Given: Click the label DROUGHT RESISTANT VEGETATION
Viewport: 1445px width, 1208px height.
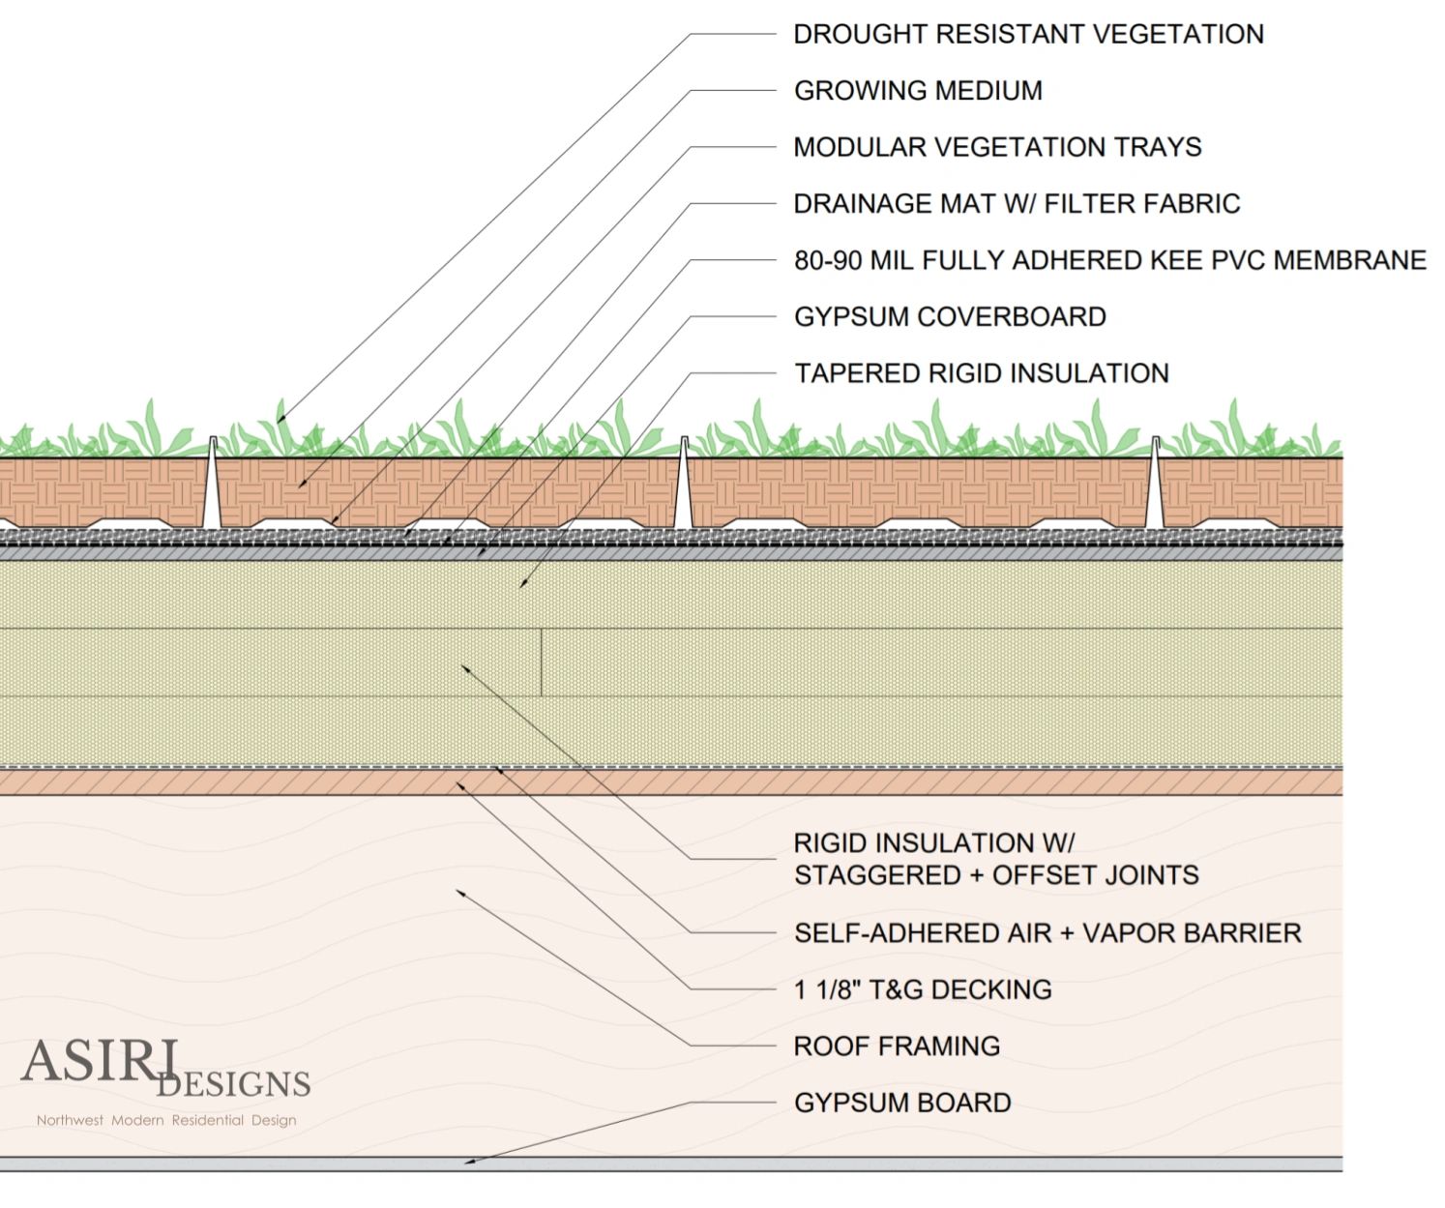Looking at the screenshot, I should pyautogui.click(x=1028, y=34).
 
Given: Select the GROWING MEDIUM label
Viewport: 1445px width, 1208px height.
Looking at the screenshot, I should pyautogui.click(x=918, y=91).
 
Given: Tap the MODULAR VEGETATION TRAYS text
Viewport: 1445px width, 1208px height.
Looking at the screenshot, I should pyautogui.click(x=997, y=147).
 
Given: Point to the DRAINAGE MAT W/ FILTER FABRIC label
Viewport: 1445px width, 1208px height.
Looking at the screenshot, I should pyautogui.click(x=1017, y=204).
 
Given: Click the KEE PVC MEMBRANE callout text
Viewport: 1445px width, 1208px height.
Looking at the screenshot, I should pyautogui.click(x=1109, y=260).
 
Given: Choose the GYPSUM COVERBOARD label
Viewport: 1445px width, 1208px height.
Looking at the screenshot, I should pyautogui.click(x=950, y=317).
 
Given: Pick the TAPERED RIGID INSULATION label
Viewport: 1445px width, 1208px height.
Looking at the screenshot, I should pyautogui.click(x=981, y=373).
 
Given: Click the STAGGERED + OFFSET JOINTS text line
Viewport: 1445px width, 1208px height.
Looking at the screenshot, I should pyautogui.click(x=996, y=875).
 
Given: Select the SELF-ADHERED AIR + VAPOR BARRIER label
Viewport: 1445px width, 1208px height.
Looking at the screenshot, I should pyautogui.click(x=1047, y=933).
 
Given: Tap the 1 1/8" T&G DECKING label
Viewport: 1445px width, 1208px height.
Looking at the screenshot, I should pyautogui.click(x=923, y=989).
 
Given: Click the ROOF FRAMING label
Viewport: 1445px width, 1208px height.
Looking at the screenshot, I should pyautogui.click(x=897, y=1046).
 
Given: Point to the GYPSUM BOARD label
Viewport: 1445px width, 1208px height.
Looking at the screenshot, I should pyautogui.click(x=902, y=1103).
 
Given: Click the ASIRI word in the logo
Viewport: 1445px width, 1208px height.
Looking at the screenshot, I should pyautogui.click(x=100, y=1061).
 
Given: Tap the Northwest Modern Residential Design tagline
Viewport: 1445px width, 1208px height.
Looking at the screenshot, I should pyautogui.click(x=166, y=1120).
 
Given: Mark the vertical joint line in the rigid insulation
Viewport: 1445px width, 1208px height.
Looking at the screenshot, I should pyautogui.click(x=541, y=663).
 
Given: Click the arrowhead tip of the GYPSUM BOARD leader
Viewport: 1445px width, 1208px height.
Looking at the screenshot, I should pyautogui.click(x=466, y=1162).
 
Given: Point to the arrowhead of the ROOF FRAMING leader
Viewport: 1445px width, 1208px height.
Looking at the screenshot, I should pyautogui.click(x=459, y=891).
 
